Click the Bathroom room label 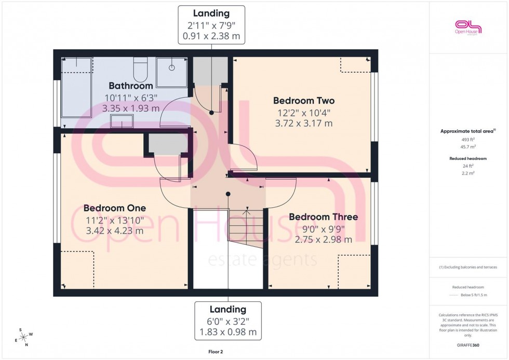(130, 86)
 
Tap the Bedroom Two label (304, 101)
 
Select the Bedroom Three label (323, 217)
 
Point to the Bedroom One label (115, 208)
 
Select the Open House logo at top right (468, 26)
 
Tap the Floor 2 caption (215, 352)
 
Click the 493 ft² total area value (468, 140)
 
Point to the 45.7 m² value (468, 147)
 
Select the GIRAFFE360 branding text (468, 345)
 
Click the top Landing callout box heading (211, 13)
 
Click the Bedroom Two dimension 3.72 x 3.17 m (304, 124)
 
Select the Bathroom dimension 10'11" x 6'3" (130, 98)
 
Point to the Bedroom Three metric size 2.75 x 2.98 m (323, 239)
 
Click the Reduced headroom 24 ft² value (468, 166)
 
